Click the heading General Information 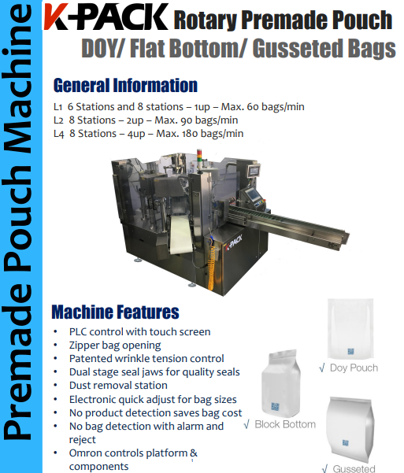pyautogui.click(x=125, y=85)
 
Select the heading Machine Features pyautogui.click(x=115, y=312)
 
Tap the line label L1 pyautogui.click(x=58, y=106)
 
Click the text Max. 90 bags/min pyautogui.click(x=197, y=120)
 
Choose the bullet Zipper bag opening pyautogui.click(x=115, y=345)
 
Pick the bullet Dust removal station pyautogui.click(x=118, y=385)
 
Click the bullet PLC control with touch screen pyautogui.click(x=139, y=331)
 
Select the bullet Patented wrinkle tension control pyautogui.click(x=146, y=358)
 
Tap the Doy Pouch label pyautogui.click(x=354, y=368)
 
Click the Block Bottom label pyautogui.click(x=284, y=424)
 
